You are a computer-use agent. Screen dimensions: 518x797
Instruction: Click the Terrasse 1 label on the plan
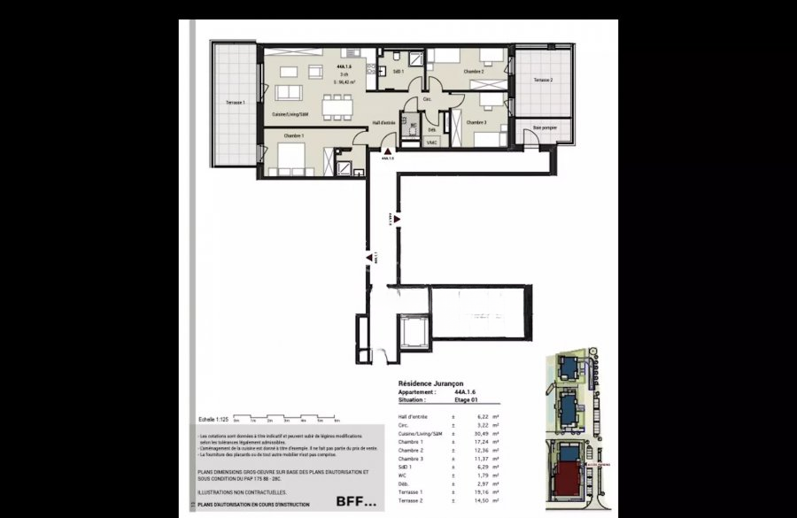click(x=235, y=104)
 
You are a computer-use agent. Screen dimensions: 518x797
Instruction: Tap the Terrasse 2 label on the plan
click(x=543, y=81)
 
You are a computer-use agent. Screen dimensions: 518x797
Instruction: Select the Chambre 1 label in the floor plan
click(x=294, y=135)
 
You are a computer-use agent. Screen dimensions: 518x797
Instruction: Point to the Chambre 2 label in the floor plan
click(x=473, y=71)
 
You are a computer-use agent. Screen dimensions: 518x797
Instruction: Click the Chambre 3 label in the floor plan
click(x=476, y=122)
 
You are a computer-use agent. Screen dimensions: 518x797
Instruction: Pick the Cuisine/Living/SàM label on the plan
click(x=290, y=114)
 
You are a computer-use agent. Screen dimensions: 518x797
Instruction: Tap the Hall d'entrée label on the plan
click(x=383, y=122)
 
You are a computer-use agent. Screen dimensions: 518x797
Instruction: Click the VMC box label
click(x=432, y=142)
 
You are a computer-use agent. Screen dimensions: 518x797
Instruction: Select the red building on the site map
click(x=567, y=483)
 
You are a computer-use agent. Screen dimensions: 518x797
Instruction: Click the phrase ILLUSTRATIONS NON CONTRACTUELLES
click(x=242, y=491)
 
